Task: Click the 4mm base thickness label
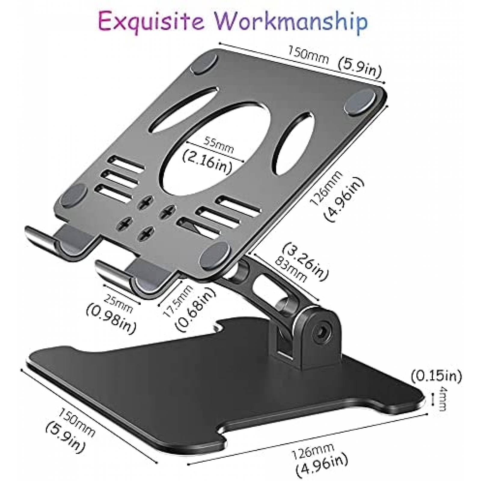coord(443,399)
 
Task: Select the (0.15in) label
coord(436,376)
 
